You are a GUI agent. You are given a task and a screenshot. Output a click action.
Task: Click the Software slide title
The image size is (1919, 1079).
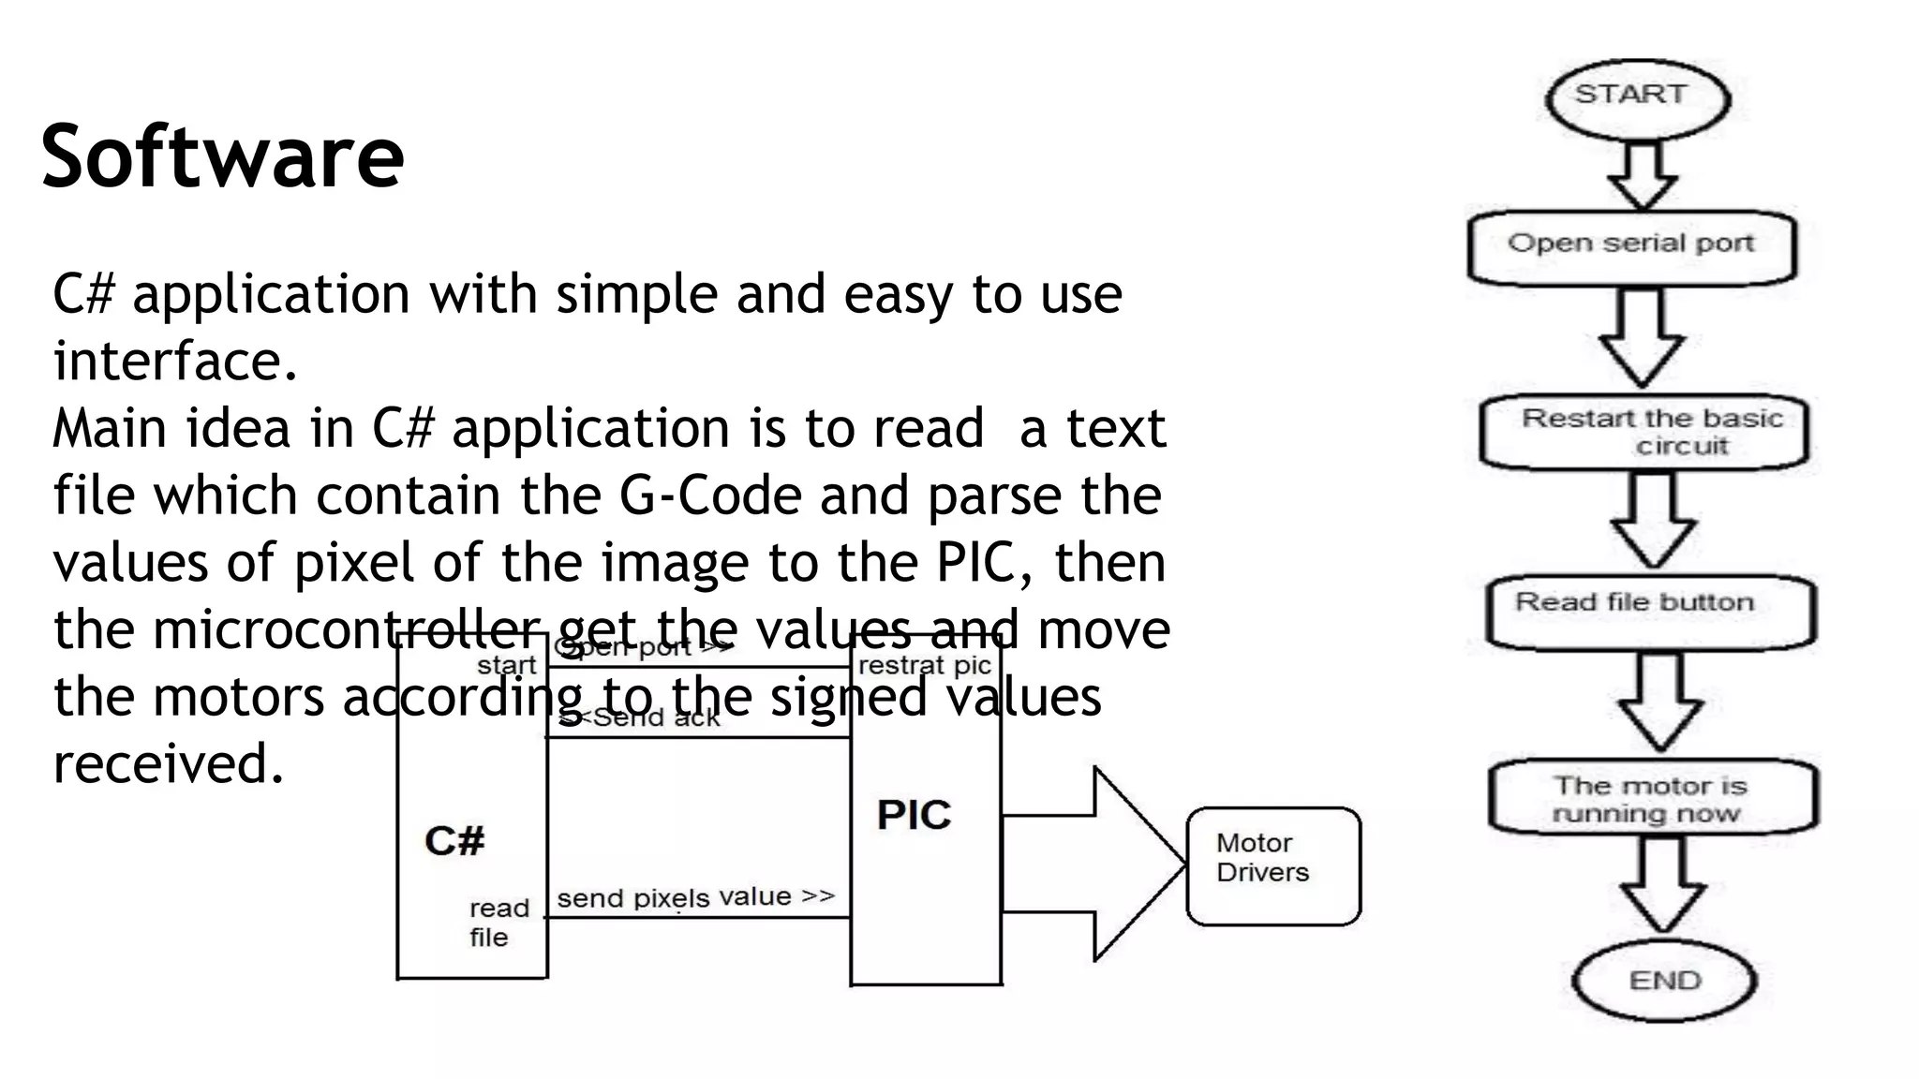222,156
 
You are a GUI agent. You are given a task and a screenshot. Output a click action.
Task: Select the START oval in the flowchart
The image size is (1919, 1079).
1636,97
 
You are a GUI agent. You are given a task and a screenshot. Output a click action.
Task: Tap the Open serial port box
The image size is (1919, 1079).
1631,246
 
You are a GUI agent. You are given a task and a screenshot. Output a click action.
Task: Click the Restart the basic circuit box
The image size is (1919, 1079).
1644,433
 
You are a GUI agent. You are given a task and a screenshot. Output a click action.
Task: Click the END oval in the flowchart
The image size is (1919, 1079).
1664,980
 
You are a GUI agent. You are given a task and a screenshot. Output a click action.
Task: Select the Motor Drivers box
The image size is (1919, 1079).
1273,865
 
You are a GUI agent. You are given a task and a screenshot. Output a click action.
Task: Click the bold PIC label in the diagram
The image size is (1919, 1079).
914,815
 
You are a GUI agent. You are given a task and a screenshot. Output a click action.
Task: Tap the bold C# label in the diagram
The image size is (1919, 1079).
454,840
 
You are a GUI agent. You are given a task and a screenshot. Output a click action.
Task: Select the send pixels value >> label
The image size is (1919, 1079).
695,897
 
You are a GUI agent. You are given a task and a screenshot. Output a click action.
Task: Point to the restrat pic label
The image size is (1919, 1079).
924,665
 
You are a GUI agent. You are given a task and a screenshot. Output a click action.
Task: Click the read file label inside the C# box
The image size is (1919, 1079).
498,922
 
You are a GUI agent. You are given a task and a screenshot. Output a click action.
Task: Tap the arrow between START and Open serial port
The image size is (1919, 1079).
1642,175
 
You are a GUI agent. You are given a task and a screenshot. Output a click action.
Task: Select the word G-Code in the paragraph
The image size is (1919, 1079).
710,495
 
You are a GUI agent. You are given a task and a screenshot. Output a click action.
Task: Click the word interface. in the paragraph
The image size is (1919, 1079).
176,362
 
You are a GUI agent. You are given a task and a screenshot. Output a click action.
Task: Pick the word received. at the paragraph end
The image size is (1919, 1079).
169,763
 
